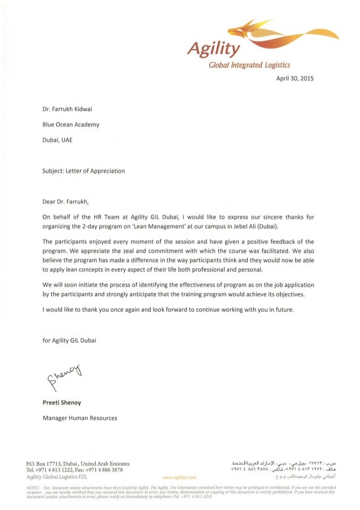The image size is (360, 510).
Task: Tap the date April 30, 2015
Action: click(x=290, y=79)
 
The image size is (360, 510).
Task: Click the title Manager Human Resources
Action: click(x=80, y=418)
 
